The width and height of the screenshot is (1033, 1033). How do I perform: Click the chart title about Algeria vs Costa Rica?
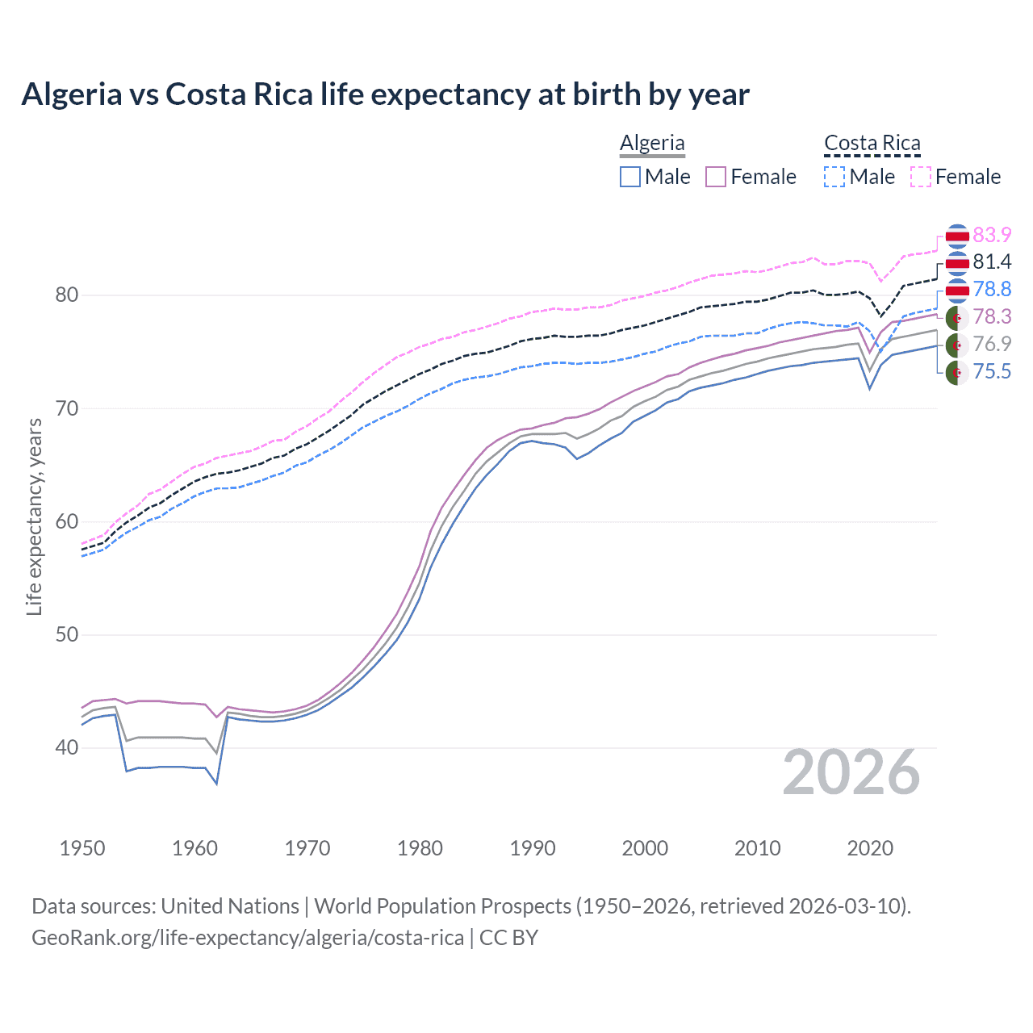tap(385, 94)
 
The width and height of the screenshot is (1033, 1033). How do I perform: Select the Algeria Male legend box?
tap(630, 177)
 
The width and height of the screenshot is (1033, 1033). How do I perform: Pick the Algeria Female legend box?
tap(717, 177)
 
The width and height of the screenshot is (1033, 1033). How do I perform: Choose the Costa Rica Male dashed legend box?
tap(834, 177)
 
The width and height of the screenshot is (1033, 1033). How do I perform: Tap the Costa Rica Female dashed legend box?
tap(921, 177)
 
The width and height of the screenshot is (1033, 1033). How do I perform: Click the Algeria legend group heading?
tap(652, 143)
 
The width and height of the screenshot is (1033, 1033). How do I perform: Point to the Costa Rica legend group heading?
tap(872, 143)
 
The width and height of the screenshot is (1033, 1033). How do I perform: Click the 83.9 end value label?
tap(992, 235)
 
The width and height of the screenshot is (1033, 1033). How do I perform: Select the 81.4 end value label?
tap(992, 261)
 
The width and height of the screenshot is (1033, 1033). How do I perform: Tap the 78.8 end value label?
tap(992, 289)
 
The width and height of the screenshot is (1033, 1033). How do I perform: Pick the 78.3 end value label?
tap(992, 316)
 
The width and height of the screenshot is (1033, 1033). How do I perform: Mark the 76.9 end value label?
tap(992, 344)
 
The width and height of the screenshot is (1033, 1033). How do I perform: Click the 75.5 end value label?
tap(992, 371)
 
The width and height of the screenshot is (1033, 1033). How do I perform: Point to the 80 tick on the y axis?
tap(67, 295)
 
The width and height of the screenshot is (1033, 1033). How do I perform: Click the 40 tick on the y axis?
tap(67, 748)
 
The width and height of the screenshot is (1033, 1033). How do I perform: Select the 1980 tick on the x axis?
tap(420, 848)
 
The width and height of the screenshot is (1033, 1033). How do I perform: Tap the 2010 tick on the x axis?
tap(757, 848)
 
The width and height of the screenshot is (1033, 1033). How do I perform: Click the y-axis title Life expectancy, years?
tap(34, 516)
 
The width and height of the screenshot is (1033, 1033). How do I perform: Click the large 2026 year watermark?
tap(851, 773)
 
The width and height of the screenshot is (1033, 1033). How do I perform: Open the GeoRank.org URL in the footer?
tap(248, 938)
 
